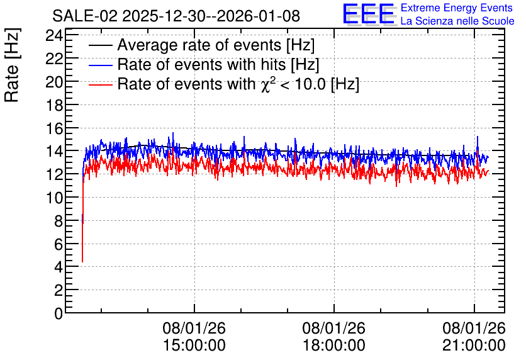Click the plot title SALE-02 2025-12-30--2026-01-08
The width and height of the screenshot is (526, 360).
coord(176,16)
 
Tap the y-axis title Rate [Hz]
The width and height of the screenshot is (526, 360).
coord(12,65)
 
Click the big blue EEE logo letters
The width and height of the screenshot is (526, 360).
coord(369,14)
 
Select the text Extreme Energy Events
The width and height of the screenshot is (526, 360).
coord(457,8)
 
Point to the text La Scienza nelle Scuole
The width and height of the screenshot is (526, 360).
coord(457,21)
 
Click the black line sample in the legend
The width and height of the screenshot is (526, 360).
coord(100,45)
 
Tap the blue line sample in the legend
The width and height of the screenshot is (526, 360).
coord(100,65)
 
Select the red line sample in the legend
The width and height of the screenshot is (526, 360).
coord(100,84)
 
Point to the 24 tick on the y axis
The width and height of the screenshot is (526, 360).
coord(54,35)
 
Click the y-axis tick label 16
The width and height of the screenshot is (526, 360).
coord(54,128)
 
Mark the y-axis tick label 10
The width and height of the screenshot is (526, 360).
coord(54,198)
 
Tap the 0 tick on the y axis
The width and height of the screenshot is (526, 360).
coord(59,313)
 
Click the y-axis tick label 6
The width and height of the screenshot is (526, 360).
coord(59,244)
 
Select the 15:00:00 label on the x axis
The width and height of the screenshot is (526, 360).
coord(194,345)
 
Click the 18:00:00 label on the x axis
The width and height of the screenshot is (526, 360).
coord(334,345)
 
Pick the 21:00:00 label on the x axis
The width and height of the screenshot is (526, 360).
coord(474,345)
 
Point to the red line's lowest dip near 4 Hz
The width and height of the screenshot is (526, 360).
coord(82,262)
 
